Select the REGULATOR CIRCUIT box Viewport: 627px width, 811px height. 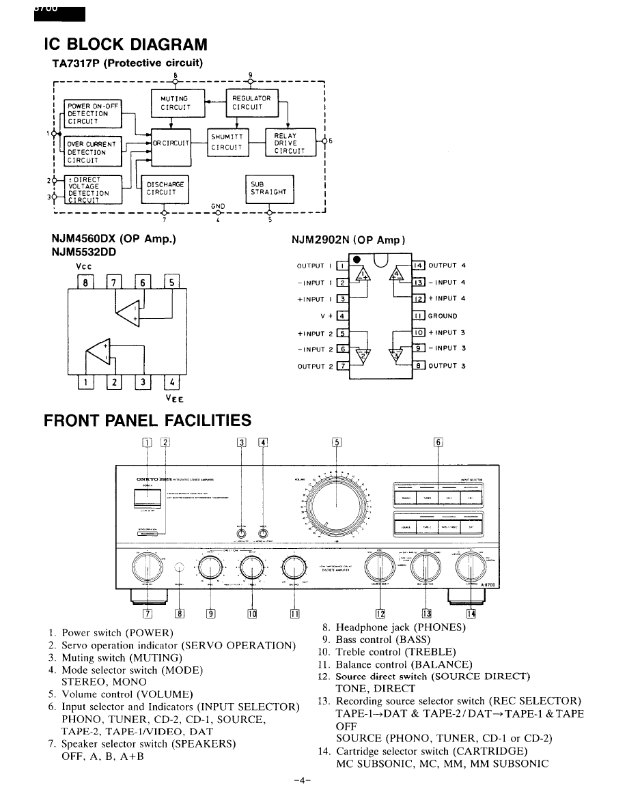[x=253, y=102]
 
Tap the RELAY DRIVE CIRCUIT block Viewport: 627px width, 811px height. [x=291, y=143]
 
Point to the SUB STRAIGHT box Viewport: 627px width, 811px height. [x=268, y=189]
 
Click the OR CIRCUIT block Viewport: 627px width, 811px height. [x=171, y=143]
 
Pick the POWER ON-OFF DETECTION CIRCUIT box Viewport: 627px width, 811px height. [x=93, y=113]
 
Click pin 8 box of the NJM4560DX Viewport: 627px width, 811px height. [x=85, y=281]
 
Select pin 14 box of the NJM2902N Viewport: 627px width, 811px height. [x=419, y=266]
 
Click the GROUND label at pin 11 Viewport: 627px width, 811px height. [x=443, y=316]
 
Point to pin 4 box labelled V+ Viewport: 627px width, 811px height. [x=342, y=316]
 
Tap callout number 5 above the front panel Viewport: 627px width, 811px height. [x=336, y=441]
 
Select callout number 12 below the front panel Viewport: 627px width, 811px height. [x=380, y=614]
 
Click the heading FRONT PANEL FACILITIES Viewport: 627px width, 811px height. [x=148, y=420]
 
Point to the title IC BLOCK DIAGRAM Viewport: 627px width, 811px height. [x=125, y=45]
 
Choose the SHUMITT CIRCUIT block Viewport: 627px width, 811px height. [x=227, y=142]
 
